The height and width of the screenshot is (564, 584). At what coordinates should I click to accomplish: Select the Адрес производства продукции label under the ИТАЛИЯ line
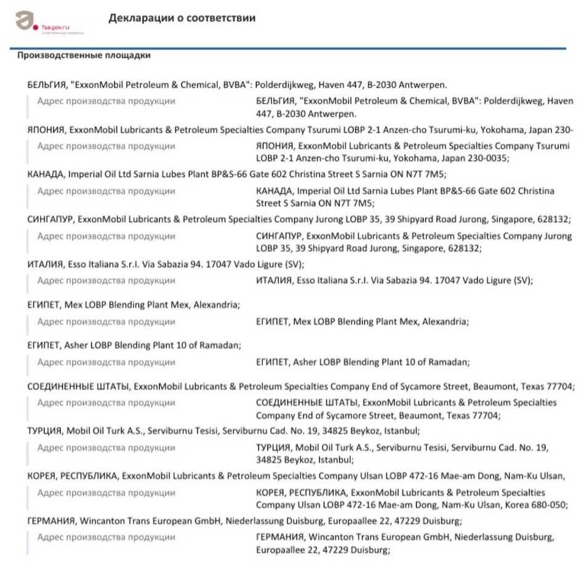point(106,280)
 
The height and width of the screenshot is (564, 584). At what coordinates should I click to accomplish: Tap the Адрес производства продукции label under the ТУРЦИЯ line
point(106,447)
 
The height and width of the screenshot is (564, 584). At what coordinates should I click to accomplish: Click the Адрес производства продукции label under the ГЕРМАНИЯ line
point(106,537)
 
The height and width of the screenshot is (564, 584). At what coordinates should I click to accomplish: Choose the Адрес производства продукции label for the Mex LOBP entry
point(106,321)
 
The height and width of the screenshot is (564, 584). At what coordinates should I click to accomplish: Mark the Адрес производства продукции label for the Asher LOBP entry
point(106,362)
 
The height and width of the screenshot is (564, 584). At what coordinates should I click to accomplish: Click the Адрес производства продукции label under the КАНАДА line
point(106,191)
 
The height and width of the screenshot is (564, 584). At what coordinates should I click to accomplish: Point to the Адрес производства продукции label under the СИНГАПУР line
point(106,236)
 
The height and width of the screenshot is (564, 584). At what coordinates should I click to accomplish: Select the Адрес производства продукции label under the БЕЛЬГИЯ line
point(106,101)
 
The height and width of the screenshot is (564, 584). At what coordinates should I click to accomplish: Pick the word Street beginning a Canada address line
point(268,203)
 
